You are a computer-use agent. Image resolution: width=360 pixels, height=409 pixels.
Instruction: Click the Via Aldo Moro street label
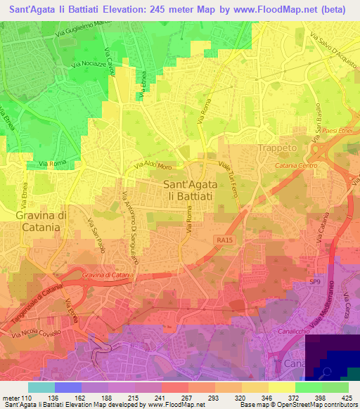[153, 167]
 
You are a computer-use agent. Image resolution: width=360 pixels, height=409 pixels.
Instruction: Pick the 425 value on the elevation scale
[347, 398]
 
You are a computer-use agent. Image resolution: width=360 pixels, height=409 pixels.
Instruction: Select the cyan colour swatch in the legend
[41, 387]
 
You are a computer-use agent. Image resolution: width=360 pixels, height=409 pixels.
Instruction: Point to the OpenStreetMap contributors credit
[319, 405]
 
